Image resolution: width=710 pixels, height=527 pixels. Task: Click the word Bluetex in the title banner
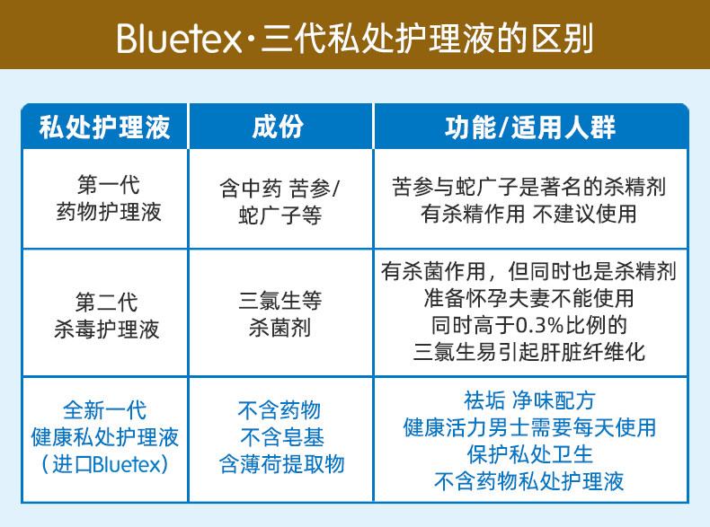(x=180, y=39)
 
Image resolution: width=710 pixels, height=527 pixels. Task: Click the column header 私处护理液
(x=104, y=127)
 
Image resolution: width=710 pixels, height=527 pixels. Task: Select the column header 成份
(x=278, y=127)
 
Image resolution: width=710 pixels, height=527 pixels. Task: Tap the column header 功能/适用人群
(x=530, y=127)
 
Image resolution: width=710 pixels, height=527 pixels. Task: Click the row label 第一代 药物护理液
(x=109, y=198)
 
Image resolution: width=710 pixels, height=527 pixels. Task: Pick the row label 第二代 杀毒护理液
(x=107, y=315)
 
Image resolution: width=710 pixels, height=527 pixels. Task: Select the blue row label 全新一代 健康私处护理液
(x=104, y=424)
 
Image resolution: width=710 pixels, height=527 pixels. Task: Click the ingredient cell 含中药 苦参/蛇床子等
(x=280, y=202)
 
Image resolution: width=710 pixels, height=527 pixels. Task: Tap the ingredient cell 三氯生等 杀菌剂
(x=280, y=313)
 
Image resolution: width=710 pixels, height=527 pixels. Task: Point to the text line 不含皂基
(x=282, y=437)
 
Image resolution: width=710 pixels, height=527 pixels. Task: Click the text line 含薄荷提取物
(x=281, y=464)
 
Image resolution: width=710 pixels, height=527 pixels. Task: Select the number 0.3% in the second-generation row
(x=539, y=325)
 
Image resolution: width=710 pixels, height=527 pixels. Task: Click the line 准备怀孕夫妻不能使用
(x=528, y=298)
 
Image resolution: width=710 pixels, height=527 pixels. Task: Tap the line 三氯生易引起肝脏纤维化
(x=528, y=352)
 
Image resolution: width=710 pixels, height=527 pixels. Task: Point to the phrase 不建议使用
(x=584, y=214)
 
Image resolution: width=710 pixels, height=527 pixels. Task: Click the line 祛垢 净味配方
(x=529, y=400)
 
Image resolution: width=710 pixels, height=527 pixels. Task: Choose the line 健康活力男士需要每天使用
(x=529, y=427)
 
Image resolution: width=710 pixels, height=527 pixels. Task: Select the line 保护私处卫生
(x=529, y=454)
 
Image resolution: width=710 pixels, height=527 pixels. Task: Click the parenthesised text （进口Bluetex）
(x=104, y=464)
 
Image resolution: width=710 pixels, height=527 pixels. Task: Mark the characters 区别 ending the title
(x=562, y=39)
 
